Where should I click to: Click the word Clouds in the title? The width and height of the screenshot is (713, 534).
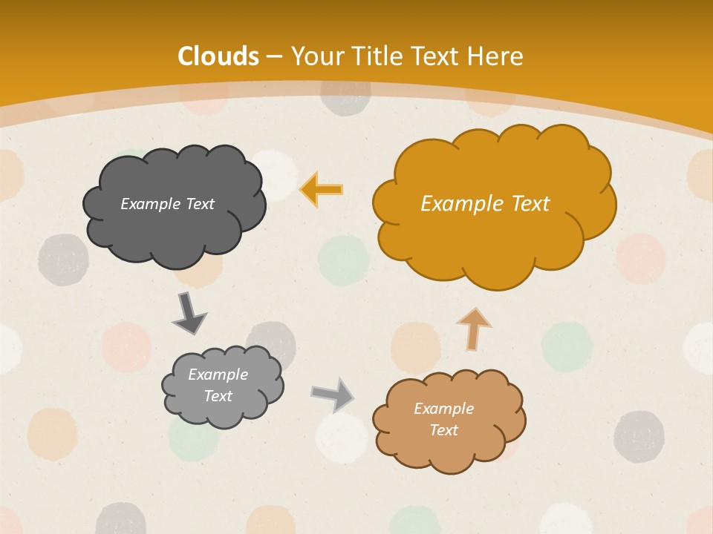[x=218, y=56]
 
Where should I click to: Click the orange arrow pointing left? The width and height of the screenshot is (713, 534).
[x=322, y=189]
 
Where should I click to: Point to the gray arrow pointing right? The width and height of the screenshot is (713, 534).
[x=332, y=394]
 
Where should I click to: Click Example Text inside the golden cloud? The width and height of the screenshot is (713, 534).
[x=485, y=204]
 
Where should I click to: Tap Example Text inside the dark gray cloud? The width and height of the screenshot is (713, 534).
[x=167, y=204]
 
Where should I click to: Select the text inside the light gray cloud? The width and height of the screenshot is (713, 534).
[x=218, y=385]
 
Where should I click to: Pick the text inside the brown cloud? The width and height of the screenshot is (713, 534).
[x=443, y=419]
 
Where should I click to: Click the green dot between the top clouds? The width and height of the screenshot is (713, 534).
[x=343, y=260]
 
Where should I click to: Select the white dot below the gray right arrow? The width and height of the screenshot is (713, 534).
[x=342, y=437]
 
